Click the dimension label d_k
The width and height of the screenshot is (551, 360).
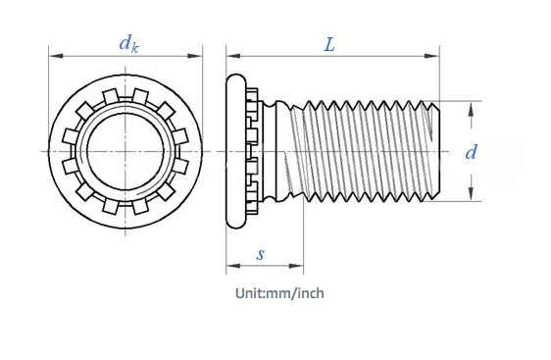[x=127, y=42]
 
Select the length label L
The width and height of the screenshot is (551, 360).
[x=329, y=44]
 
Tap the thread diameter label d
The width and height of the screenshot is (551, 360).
[x=471, y=152]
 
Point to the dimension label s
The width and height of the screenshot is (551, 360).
[x=261, y=253]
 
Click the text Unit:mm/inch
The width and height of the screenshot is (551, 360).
[x=279, y=292]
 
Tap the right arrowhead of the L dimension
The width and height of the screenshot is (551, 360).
[x=434, y=55]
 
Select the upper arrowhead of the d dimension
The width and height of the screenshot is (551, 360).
[x=472, y=108]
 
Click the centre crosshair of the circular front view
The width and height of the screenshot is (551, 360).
[x=125, y=151]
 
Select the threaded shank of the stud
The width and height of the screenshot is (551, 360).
[x=363, y=151]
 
